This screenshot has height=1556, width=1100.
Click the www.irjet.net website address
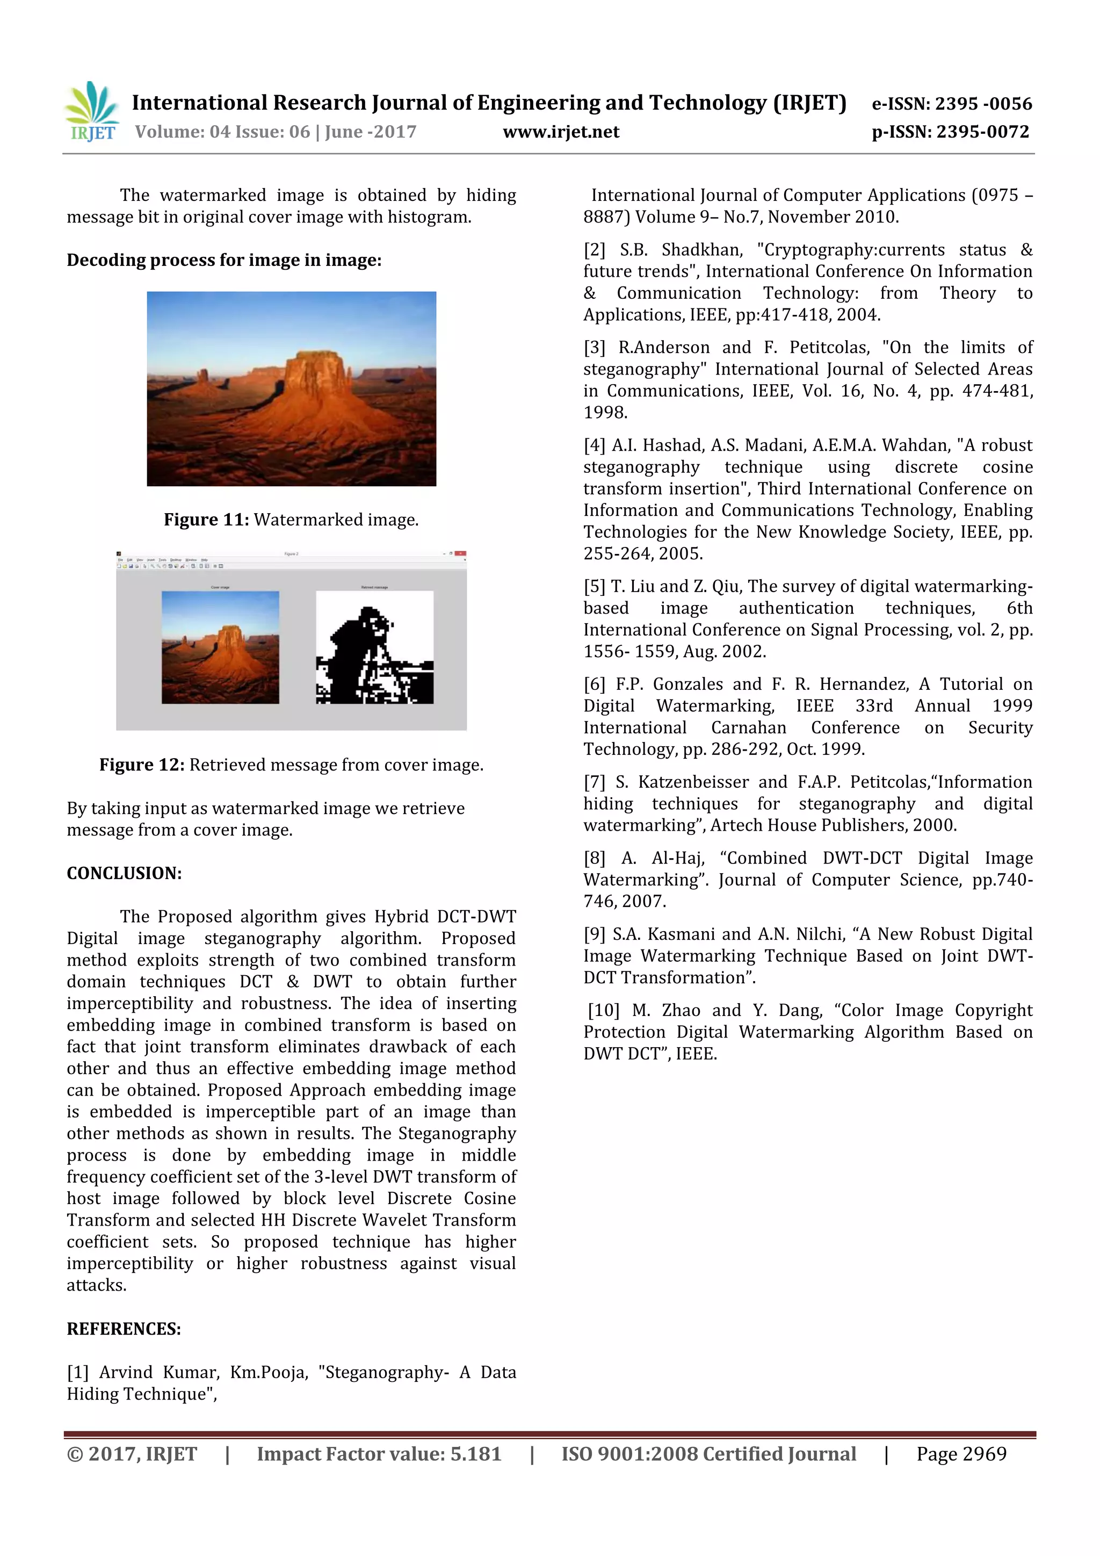[561, 132]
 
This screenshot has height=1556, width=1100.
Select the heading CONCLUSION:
[124, 873]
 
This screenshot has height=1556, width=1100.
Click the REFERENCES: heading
[124, 1328]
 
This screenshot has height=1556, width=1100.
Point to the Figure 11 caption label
[206, 519]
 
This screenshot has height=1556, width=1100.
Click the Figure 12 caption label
[142, 765]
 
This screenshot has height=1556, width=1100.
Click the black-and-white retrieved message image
[374, 647]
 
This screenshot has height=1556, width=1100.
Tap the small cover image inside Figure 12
[220, 647]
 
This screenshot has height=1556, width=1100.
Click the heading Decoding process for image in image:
[223, 260]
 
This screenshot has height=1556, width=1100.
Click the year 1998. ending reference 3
[605, 412]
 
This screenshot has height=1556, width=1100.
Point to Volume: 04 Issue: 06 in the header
[223, 132]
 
